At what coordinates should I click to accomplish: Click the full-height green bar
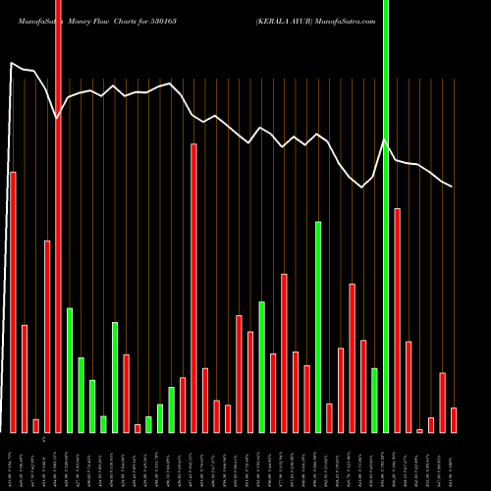pos(386,216)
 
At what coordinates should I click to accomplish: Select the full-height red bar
pos(58,216)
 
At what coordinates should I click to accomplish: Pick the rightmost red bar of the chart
pos(454,420)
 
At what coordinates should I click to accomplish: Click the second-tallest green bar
pos(318,327)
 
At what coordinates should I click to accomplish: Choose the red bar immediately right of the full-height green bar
pos(398,320)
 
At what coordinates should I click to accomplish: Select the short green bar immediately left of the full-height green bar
pos(374,400)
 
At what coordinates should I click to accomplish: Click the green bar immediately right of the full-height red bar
pos(70,370)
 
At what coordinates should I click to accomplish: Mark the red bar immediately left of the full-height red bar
pos(47,336)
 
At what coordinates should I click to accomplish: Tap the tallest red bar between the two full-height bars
pos(193,288)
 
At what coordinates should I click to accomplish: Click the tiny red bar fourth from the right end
pos(419,430)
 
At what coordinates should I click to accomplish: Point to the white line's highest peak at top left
pos(11,64)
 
